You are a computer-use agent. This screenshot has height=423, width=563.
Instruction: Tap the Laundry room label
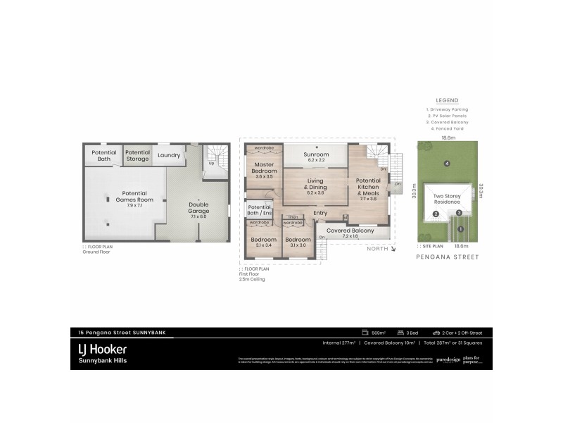(x=169, y=155)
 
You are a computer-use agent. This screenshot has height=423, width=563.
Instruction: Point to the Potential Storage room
(x=137, y=155)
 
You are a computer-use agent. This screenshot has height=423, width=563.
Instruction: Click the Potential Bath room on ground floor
(x=103, y=155)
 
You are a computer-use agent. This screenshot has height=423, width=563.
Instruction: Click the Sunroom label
(x=315, y=154)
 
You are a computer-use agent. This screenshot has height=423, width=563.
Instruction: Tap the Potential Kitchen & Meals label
(x=368, y=188)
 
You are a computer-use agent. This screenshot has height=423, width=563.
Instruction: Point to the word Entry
(x=320, y=213)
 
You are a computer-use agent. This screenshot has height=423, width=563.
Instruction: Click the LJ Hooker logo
(x=103, y=348)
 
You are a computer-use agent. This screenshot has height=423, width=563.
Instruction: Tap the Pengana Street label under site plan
(x=447, y=257)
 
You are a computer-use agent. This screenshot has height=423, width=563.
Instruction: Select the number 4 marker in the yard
(x=447, y=164)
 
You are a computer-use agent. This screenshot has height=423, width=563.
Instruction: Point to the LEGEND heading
(x=447, y=100)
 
